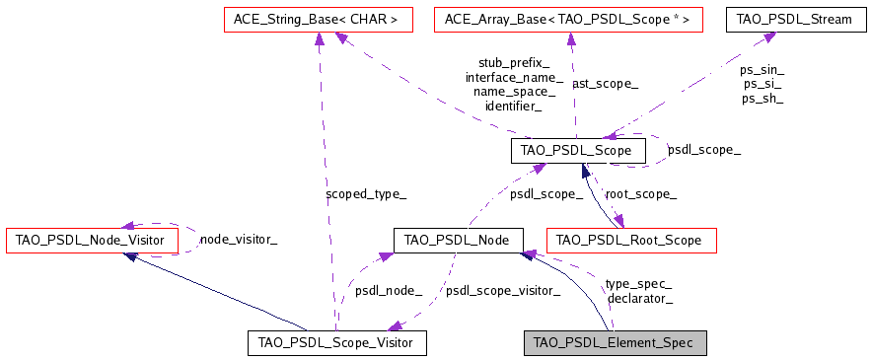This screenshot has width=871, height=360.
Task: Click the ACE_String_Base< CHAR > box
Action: [315, 18]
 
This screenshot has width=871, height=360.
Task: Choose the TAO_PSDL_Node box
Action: [457, 240]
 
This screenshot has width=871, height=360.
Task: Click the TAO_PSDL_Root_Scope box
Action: [630, 240]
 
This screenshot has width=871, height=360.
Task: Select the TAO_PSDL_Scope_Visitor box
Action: [335, 342]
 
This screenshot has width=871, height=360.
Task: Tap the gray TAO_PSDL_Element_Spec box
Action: [614, 342]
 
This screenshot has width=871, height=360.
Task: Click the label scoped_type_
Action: [365, 193]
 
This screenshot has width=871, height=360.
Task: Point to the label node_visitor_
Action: [238, 239]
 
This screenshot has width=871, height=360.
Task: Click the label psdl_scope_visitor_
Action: [503, 290]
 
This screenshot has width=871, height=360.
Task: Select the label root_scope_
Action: [640, 194]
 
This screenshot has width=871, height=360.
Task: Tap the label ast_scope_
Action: [605, 84]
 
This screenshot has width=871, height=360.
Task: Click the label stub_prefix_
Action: [514, 62]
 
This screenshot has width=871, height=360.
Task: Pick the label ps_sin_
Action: [762, 70]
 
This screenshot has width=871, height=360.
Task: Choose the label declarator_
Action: [640, 297]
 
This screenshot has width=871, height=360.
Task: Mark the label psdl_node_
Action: [389, 290]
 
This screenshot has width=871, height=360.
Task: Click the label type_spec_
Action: [638, 283]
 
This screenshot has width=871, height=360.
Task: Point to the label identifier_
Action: [514, 105]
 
